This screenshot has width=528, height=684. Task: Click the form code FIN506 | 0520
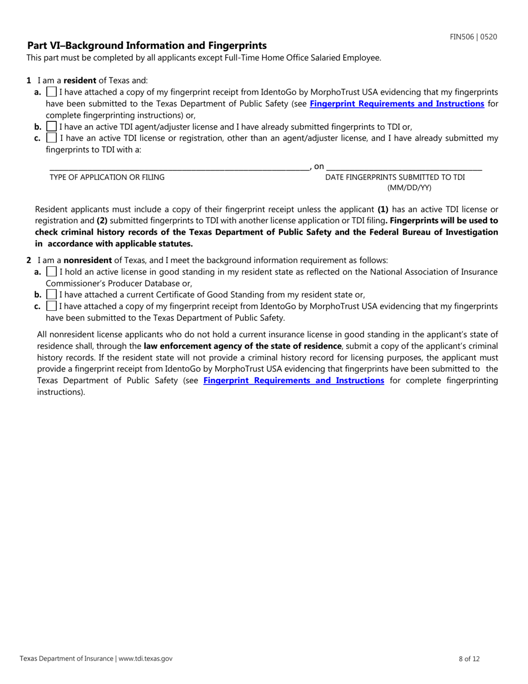tap(473, 37)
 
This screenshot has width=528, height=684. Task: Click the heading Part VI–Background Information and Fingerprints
tap(147, 46)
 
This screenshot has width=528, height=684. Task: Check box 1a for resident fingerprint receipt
tap(52, 92)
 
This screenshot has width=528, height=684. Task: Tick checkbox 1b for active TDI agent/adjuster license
tap(52, 126)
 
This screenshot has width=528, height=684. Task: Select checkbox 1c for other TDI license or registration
tap(52, 137)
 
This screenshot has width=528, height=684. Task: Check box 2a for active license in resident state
tap(52, 272)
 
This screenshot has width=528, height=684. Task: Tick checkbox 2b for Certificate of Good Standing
tap(52, 294)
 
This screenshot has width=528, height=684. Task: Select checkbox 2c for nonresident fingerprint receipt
tap(52, 306)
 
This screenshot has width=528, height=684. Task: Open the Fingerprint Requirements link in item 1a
tap(396, 103)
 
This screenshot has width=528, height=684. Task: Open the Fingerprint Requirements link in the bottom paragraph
tap(293, 380)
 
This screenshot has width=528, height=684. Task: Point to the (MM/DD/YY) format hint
tap(409, 187)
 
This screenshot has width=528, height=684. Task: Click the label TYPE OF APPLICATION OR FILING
tap(107, 177)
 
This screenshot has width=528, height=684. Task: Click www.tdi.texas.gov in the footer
tap(145, 658)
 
